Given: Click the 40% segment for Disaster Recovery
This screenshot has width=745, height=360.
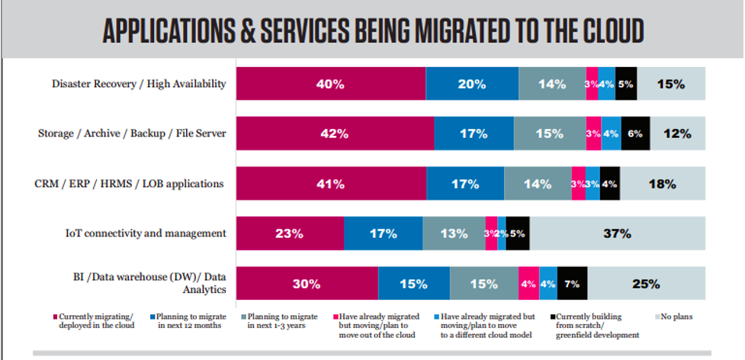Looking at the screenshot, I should (x=330, y=84).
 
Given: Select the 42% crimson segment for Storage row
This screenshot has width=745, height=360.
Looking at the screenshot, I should (x=334, y=133).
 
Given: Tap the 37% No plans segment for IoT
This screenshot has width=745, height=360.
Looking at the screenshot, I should (x=617, y=233).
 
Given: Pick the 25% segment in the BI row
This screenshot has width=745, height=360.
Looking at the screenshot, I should (x=646, y=284).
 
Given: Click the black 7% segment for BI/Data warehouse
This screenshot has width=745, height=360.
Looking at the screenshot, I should (x=573, y=284).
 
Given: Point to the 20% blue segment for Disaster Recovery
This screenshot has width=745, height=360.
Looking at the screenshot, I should (x=472, y=84).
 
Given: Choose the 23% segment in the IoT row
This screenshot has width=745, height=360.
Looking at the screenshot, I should (x=290, y=233).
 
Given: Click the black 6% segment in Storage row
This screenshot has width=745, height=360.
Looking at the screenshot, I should (x=635, y=133).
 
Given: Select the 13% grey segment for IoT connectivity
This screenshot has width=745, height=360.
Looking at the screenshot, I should (x=454, y=233).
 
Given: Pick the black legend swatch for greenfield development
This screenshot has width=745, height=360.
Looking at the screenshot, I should (x=551, y=317).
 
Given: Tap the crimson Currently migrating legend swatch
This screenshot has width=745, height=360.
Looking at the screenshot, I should (x=56, y=317).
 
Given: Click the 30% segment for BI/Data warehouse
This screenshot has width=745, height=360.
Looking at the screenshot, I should (x=307, y=284).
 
